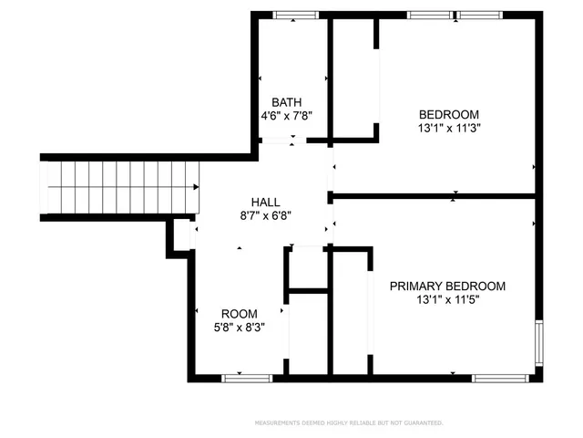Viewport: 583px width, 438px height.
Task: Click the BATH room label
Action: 287,103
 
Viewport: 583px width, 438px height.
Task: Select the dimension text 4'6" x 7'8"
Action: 287,117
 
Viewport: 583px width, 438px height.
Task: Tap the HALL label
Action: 265,202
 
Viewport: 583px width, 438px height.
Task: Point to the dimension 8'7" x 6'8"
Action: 265,215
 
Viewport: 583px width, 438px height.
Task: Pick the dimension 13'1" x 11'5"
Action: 447,299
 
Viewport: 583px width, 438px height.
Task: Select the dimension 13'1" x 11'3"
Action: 448,128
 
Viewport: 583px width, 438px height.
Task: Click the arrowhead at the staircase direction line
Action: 197,187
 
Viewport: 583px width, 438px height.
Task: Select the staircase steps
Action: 118,187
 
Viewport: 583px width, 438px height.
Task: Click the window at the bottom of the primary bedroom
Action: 502,376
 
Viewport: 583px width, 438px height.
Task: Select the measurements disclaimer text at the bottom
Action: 348,423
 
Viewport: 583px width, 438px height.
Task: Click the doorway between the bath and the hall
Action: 282,141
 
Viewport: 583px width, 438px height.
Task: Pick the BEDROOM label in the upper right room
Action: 448,114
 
